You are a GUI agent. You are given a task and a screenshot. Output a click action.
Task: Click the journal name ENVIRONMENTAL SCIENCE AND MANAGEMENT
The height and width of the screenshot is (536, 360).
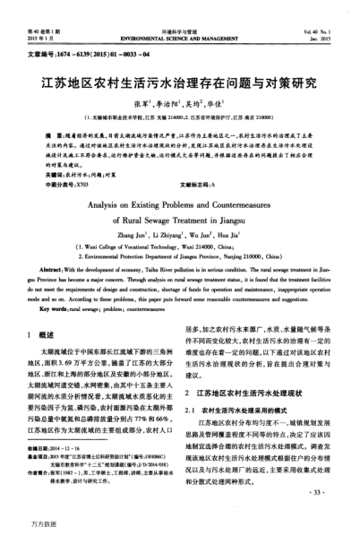(179, 15)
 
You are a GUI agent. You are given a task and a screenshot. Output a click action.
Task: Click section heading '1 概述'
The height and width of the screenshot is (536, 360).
(40, 309)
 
